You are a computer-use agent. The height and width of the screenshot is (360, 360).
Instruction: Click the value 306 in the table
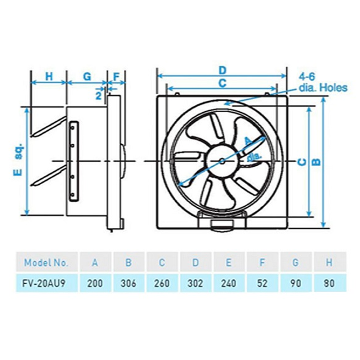(129, 283)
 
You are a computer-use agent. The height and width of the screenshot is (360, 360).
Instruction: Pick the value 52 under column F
(262, 283)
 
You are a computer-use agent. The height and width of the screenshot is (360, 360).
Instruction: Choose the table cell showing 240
(228, 283)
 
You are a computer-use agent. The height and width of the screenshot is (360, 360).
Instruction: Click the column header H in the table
(329, 262)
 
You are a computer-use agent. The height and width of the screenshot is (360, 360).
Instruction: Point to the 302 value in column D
(195, 283)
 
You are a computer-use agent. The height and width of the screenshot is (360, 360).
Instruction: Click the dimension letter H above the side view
(49, 76)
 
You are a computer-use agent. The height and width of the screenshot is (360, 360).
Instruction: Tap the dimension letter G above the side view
(87, 76)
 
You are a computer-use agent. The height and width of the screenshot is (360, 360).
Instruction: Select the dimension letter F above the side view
(116, 76)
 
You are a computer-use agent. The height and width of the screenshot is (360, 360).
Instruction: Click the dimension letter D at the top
(222, 69)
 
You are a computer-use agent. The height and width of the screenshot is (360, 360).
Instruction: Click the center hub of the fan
(222, 160)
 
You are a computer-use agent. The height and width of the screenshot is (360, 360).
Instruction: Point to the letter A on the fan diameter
(247, 141)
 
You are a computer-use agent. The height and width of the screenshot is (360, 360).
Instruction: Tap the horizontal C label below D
(222, 83)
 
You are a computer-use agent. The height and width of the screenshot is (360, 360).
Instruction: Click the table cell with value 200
(95, 283)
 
